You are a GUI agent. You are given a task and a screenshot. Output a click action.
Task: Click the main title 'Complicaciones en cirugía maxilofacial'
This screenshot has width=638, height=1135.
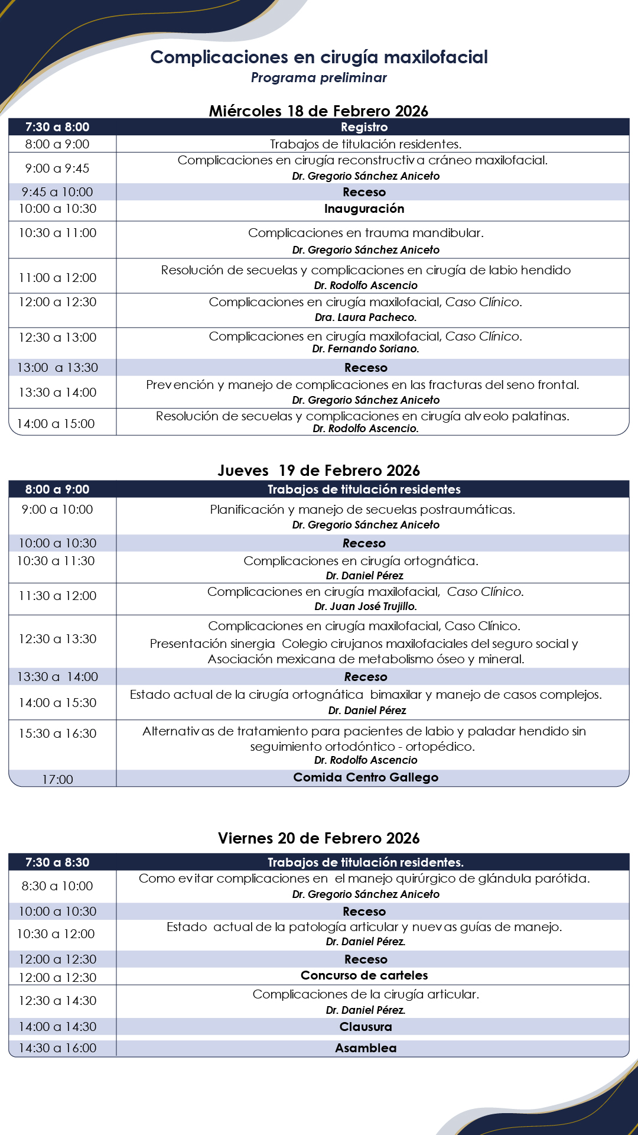[319, 57]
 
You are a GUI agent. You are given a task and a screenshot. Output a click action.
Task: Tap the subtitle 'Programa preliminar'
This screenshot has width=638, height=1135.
[319, 77]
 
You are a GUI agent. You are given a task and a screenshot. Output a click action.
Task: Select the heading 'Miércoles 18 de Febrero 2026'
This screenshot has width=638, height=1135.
[318, 111]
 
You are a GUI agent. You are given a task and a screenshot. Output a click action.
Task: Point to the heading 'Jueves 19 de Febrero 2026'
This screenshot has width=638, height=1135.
[318, 471]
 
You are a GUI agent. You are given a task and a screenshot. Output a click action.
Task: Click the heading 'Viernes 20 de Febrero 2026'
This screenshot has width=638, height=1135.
[318, 838]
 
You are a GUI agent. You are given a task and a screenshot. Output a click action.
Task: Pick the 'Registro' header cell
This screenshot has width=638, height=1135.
[364, 127]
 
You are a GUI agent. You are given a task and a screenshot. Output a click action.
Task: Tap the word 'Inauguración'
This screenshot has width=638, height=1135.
[364, 209]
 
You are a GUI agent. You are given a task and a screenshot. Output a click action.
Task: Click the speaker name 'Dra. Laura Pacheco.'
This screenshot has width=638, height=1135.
[366, 317]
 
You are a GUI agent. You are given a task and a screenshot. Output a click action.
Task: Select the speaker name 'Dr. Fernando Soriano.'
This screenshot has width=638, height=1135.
[366, 349]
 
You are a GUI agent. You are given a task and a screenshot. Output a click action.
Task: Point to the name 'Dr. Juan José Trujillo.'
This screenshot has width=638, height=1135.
[366, 607]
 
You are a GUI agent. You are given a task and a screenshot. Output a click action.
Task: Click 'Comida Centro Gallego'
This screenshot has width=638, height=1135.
[366, 777]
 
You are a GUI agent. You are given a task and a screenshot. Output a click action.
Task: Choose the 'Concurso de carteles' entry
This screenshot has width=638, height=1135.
[364, 975]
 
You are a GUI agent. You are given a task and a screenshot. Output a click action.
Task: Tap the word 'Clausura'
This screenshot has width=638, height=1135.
[366, 1027]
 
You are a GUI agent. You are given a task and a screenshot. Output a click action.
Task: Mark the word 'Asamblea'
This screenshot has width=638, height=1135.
[366, 1048]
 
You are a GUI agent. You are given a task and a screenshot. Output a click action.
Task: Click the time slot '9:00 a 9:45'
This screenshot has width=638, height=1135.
[57, 168]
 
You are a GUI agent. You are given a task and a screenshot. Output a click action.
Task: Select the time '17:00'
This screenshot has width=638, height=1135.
[57, 780]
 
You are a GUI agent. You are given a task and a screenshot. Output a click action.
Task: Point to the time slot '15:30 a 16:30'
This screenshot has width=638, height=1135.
[57, 734]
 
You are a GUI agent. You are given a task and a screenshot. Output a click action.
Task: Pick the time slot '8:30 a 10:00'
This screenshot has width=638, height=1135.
[57, 886]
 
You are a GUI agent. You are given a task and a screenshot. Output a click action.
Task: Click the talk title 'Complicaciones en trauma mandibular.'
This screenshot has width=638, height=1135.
[366, 233]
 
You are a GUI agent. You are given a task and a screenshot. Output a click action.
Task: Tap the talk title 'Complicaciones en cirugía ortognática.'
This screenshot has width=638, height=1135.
[361, 561]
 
